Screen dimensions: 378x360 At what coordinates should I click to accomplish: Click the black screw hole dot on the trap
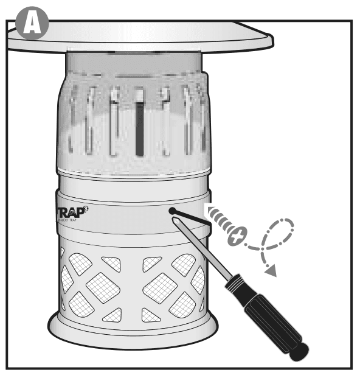tap(173, 211)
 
